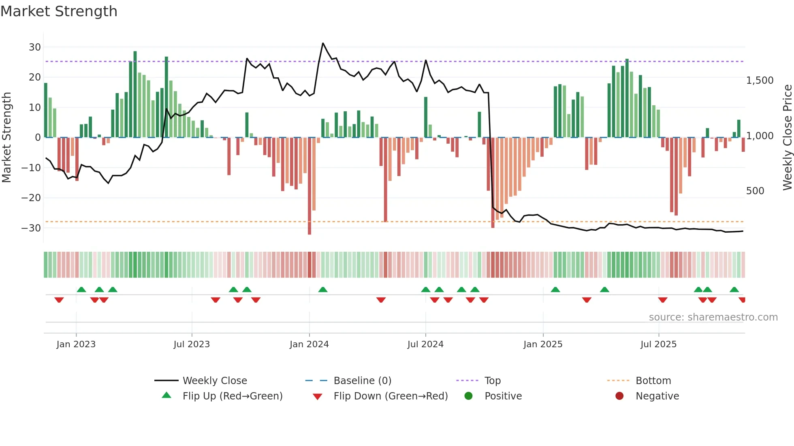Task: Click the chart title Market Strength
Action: pyautogui.click(x=59, y=11)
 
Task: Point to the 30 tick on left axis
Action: pyautogui.click(x=35, y=47)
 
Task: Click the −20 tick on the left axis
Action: pyautogui.click(x=31, y=198)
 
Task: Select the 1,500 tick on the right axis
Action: pyautogui.click(x=760, y=81)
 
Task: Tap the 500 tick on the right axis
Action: pyautogui.click(x=755, y=191)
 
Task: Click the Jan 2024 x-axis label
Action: pyautogui.click(x=309, y=344)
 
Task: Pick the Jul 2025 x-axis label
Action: pyautogui.click(x=658, y=344)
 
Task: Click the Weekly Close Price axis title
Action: pyautogui.click(x=787, y=137)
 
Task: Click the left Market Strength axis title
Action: pyautogui.click(x=7, y=137)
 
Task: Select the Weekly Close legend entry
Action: pyautogui.click(x=214, y=381)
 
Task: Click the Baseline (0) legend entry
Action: pyautogui.click(x=362, y=381)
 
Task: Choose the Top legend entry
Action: pyautogui.click(x=492, y=381)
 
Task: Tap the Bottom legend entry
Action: pyautogui.click(x=653, y=381)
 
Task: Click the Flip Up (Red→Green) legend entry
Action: pyautogui.click(x=232, y=396)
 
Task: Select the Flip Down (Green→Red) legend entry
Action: pyautogui.click(x=391, y=396)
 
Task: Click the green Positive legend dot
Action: pyautogui.click(x=469, y=396)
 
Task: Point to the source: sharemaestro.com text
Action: pyautogui.click(x=713, y=317)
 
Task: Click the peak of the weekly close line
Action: pyautogui.click(x=323, y=43)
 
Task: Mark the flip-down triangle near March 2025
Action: pyautogui.click(x=587, y=300)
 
